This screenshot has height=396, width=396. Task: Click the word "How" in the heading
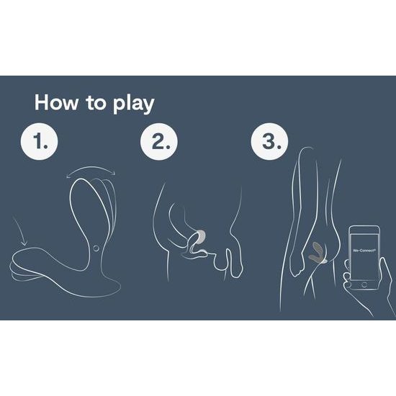(55, 102)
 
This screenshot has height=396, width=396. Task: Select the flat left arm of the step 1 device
(36, 259)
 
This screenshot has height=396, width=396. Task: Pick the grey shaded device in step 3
(318, 250)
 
